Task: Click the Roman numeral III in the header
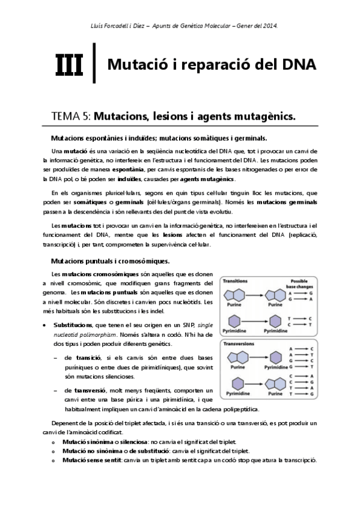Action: coord(70,64)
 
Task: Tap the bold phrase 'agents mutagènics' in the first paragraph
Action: coord(208,179)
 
